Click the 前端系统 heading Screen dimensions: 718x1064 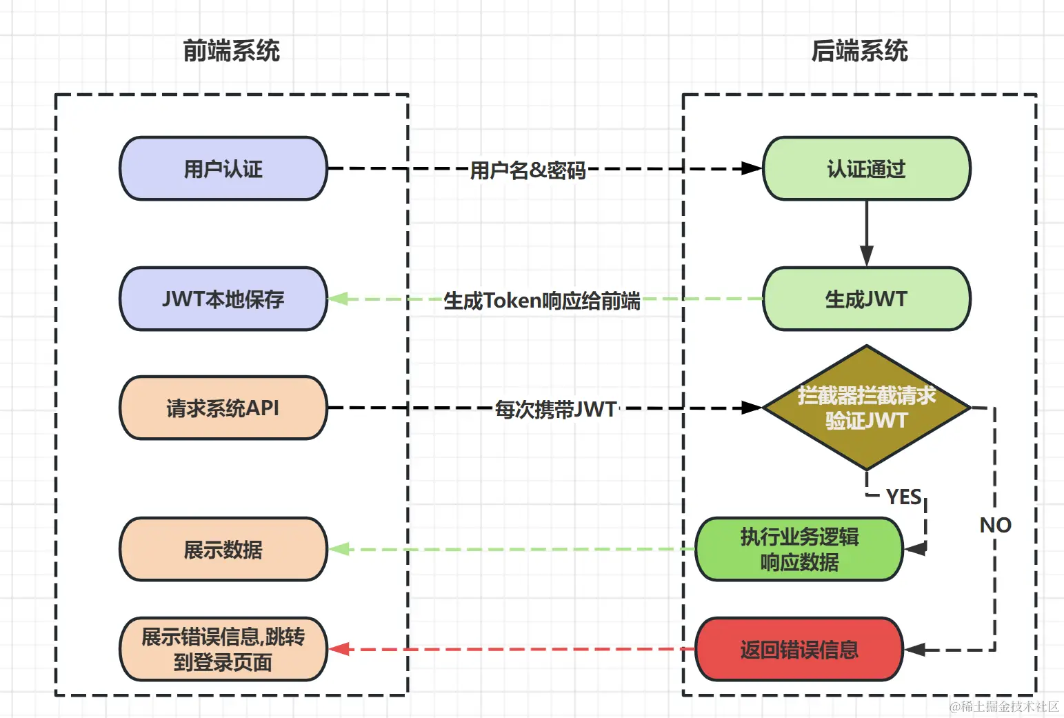click(231, 51)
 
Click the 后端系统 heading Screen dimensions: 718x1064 click(859, 51)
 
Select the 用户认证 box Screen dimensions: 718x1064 click(223, 169)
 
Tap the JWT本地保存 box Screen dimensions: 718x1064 click(223, 299)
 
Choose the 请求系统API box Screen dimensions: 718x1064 click(223, 408)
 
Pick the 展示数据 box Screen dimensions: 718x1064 click(223, 550)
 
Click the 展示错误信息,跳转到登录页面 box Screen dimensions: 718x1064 click(223, 649)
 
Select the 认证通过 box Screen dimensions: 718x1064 click(866, 169)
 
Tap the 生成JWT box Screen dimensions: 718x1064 click(866, 299)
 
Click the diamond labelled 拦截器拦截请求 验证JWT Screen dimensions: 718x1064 click(866, 408)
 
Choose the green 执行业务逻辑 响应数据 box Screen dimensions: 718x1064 click(799, 550)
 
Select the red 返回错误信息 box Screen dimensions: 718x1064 click(799, 649)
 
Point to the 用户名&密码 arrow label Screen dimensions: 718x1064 click(528, 170)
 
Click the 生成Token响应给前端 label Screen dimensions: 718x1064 click(541, 301)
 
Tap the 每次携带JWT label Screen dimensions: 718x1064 click(556, 410)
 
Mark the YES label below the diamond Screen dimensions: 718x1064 click(903, 497)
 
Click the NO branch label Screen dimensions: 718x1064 click(995, 526)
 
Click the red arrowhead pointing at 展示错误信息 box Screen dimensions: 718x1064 click(338, 649)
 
